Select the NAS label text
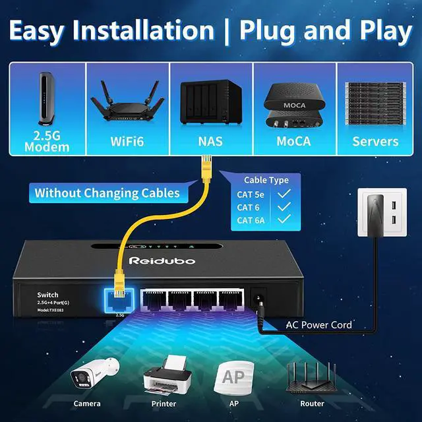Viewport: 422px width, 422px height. click(210, 141)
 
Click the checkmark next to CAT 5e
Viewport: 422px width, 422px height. click(284, 194)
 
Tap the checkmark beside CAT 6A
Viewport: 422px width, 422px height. click(284, 220)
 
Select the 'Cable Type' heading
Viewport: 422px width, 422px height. click(266, 180)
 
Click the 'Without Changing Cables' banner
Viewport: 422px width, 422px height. click(107, 193)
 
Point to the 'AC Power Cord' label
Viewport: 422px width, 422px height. click(318, 325)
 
